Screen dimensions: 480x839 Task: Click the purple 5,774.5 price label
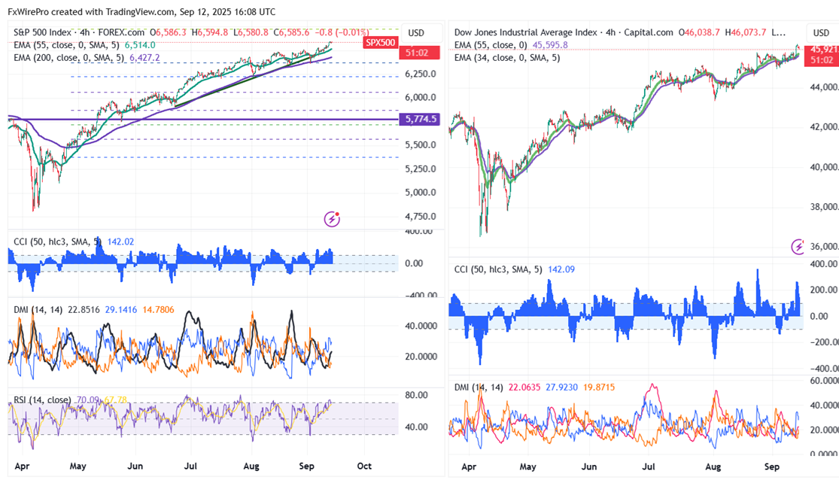point(421,119)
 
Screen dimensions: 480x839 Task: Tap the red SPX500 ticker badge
point(380,42)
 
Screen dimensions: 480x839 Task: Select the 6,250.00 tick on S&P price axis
point(421,74)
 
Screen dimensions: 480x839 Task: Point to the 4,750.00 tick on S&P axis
point(421,217)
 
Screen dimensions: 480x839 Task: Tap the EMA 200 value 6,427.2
point(144,56)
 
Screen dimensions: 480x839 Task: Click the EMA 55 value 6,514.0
point(140,44)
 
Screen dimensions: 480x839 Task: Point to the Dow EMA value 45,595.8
point(550,45)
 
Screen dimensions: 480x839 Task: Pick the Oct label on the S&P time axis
point(365,466)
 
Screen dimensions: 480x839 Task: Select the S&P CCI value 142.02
point(114,242)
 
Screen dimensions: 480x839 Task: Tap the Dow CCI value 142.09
point(560,269)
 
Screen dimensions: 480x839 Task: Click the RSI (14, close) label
point(42,399)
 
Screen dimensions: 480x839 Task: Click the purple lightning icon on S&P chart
point(332,219)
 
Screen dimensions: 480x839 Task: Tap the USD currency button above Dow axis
point(819,33)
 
